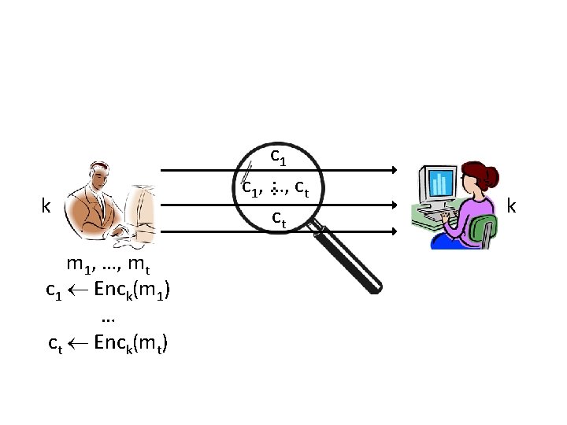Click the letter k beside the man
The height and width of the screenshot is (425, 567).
point(46,207)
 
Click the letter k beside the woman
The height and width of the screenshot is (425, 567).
point(512,206)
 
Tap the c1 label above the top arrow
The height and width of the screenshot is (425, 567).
point(278,157)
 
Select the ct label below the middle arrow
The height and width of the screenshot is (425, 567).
point(279,216)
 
